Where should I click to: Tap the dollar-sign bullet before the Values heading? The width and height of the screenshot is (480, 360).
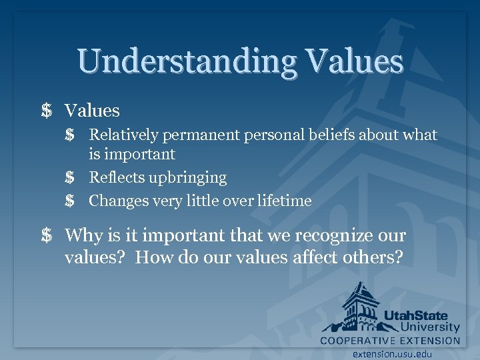[x=46, y=111]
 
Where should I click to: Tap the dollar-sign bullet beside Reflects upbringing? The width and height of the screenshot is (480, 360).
[x=70, y=178]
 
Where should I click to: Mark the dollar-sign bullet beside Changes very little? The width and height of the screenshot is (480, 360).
[x=70, y=201]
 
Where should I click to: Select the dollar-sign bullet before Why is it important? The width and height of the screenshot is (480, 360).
[x=46, y=236]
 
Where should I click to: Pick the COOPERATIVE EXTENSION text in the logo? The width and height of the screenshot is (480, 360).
[x=390, y=340]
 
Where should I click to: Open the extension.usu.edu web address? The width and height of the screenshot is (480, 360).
[x=393, y=354]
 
